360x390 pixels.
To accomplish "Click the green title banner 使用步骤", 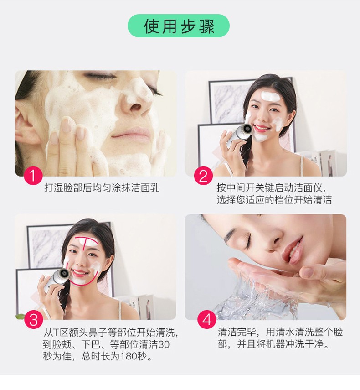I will (179, 26).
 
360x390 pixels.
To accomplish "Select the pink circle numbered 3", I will (33, 320).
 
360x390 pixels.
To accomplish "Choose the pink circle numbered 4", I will (206, 320).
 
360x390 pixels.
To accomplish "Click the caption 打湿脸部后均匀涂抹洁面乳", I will (102, 187).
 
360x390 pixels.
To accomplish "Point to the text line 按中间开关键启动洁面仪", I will (272, 187).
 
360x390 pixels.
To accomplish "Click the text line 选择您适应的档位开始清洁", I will (274, 200).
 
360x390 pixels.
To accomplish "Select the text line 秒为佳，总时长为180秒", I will (98, 356).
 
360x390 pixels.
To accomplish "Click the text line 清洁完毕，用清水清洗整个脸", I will (280, 332).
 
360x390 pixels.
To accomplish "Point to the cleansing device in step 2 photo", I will (238, 135).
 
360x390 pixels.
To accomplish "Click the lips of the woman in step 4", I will (294, 250).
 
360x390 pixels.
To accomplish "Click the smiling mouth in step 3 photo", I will (80, 273).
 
